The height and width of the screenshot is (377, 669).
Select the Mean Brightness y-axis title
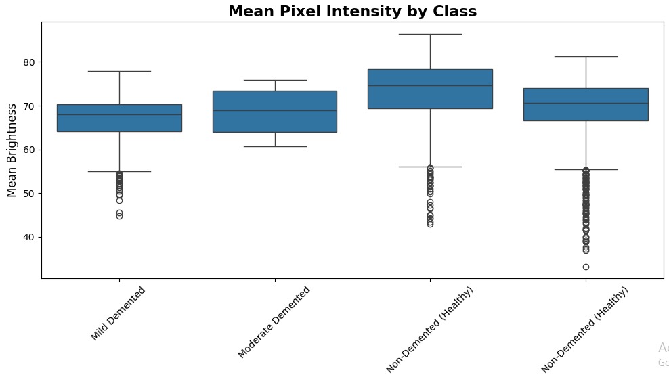[12, 150]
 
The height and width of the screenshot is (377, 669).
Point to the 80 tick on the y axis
[28, 62]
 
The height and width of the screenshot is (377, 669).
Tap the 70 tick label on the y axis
[28, 106]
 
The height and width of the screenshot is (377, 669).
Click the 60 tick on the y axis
[28, 150]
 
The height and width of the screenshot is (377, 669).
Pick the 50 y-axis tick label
[28, 194]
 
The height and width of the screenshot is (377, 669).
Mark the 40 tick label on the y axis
[28, 237]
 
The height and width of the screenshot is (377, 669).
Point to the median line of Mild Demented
[119, 114]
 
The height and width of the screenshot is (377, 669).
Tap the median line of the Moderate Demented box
[275, 111]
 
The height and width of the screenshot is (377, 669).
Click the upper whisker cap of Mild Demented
[119, 71]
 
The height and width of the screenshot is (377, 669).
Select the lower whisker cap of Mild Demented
[119, 171]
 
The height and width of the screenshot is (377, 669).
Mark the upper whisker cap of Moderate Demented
[275, 80]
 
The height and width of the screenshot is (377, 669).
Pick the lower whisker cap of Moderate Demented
[275, 146]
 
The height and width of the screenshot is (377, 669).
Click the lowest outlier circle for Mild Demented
[119, 216]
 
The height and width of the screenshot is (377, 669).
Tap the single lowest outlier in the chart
[586, 267]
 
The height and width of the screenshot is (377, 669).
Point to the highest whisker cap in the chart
[431, 34]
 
